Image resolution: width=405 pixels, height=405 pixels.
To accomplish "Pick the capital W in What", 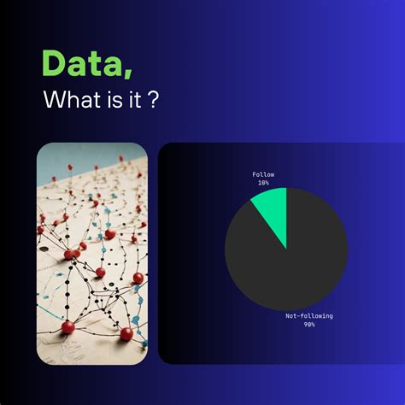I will [53, 102].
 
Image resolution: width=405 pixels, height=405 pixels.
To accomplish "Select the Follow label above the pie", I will [263, 174].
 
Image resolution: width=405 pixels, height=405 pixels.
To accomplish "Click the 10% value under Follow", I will [263, 183].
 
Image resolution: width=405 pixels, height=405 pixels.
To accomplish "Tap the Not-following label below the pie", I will [309, 316].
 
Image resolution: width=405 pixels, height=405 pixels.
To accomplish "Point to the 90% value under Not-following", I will [309, 325].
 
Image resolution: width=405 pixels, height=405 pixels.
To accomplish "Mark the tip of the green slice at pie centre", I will [286, 249].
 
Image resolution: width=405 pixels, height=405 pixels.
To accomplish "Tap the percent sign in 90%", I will [314, 325].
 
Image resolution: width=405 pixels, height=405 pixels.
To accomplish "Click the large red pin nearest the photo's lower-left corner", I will [68, 326].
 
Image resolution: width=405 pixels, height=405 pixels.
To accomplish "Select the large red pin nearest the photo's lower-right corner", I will [126, 333].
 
